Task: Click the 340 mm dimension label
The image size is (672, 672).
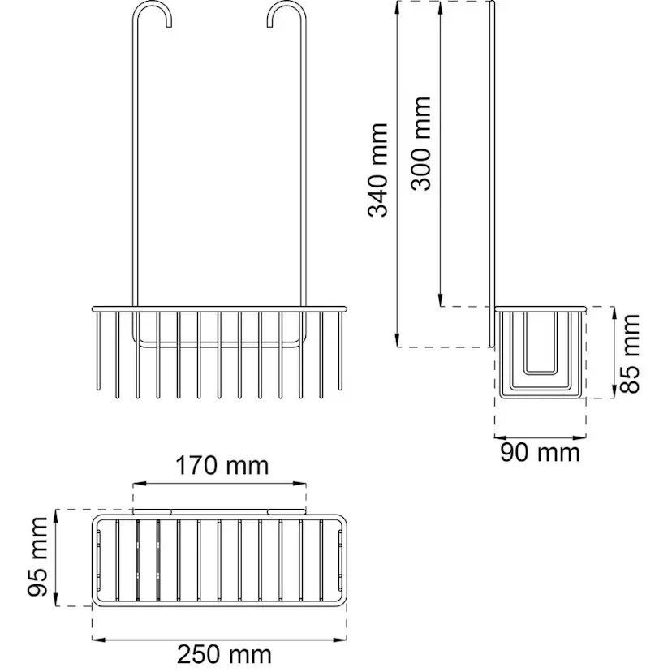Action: [378, 170]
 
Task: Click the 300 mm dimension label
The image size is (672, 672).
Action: [420, 143]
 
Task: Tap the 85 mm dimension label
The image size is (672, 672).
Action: [630, 354]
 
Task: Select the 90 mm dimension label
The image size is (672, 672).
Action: [540, 453]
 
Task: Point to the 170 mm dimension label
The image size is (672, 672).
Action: [222, 466]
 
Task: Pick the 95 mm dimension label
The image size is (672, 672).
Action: [37, 557]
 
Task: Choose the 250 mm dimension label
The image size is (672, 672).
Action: [224, 654]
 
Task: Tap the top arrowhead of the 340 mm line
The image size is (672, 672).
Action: [398, 8]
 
